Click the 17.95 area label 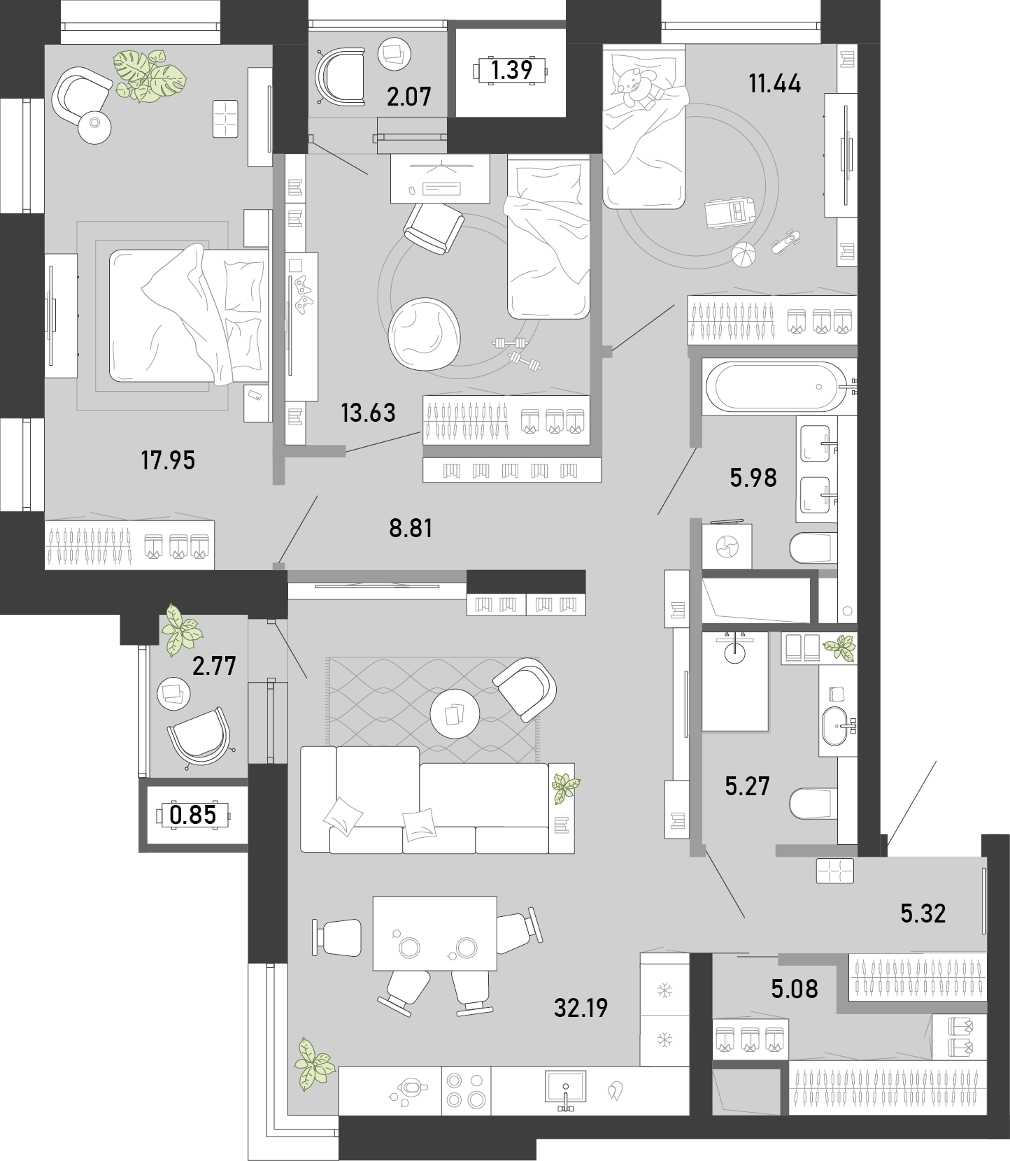[x=168, y=460]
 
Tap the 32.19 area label [x=581, y=1008]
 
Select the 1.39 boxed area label [x=512, y=70]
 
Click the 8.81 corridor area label [x=411, y=528]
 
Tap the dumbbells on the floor [x=518, y=353]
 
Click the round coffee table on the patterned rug [x=455, y=715]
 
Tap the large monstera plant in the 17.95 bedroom [x=151, y=76]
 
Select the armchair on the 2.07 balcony [x=341, y=76]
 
